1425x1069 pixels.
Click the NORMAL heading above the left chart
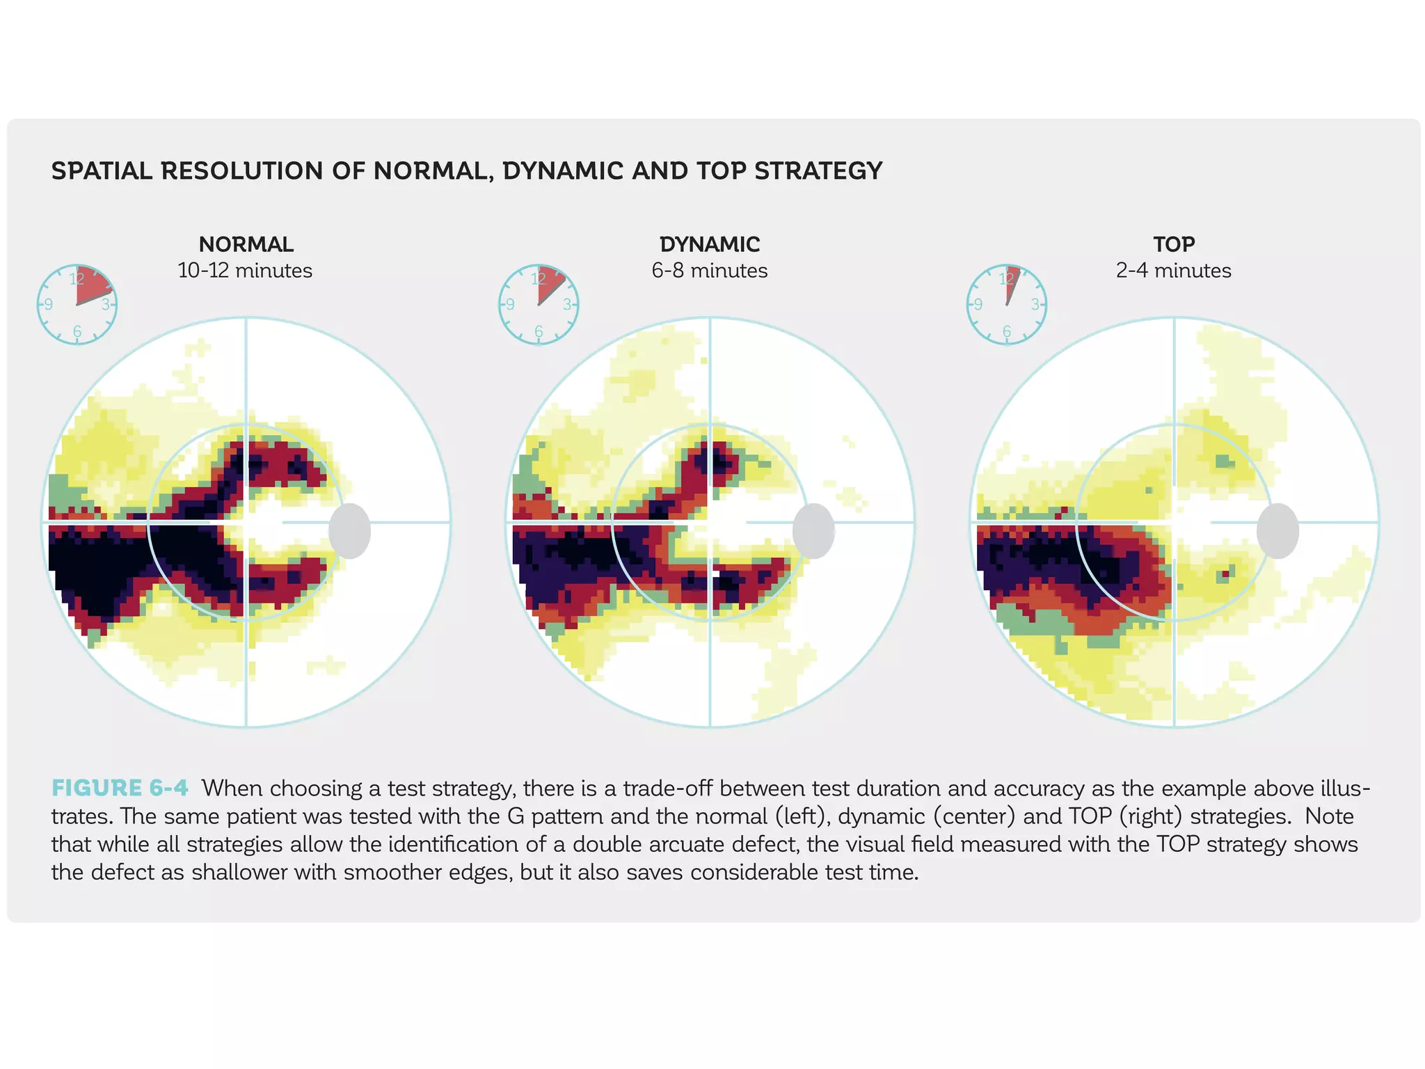(x=246, y=244)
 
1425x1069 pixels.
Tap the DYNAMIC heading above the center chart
(x=709, y=244)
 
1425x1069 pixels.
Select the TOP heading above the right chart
(x=1173, y=244)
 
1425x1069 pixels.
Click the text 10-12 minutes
(x=245, y=270)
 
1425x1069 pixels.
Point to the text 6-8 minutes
(x=709, y=270)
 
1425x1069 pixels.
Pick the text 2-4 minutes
(x=1173, y=270)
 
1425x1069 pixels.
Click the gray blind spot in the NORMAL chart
(x=349, y=531)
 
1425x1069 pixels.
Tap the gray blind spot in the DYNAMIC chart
(x=813, y=531)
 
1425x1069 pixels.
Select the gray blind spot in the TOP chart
(x=1277, y=531)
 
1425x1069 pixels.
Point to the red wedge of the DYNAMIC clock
(x=549, y=283)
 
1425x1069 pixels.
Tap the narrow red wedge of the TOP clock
(x=1011, y=282)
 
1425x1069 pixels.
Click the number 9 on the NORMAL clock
(x=49, y=305)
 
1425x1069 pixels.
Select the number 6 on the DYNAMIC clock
(x=539, y=332)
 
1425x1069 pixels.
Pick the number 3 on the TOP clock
(x=1035, y=305)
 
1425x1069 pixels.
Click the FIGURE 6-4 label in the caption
(x=120, y=788)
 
